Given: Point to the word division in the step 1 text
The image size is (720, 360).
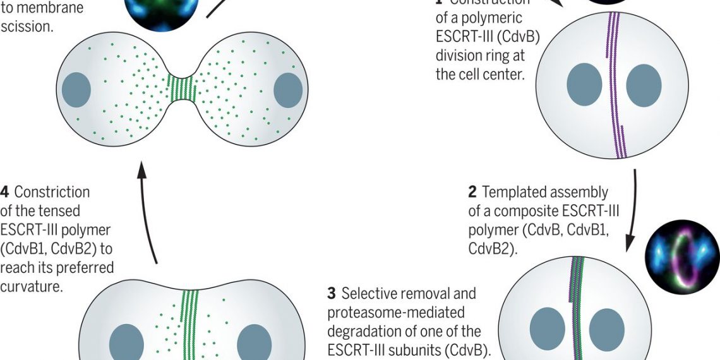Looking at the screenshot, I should point(459,56).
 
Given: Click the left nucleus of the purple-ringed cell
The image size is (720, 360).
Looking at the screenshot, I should point(584,85).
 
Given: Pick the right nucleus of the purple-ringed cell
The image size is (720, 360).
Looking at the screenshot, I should point(644,85).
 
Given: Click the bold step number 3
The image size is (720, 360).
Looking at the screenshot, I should point(331,294).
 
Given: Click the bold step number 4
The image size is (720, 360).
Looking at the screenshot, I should point(6,192).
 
